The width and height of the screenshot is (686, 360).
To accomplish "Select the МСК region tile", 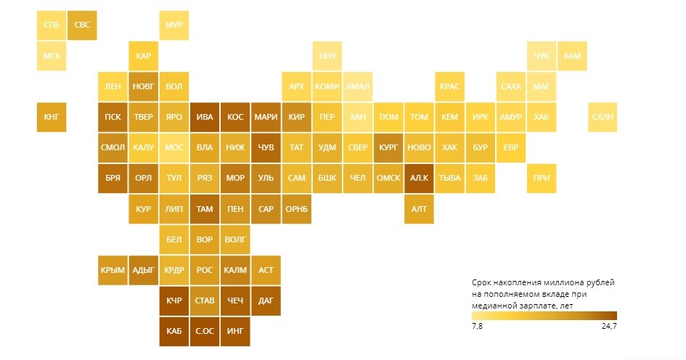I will click(52, 56).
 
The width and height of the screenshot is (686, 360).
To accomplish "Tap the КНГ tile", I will click(52, 117).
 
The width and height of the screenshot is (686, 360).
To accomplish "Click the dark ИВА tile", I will click(205, 117).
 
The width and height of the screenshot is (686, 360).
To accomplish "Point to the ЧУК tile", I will click(542, 56).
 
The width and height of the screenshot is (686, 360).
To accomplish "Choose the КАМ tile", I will click(572, 56).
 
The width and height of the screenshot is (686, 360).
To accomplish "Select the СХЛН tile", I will click(603, 117).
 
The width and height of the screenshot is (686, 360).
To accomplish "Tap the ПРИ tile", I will click(542, 178).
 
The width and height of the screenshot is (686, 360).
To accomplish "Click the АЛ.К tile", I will click(419, 178).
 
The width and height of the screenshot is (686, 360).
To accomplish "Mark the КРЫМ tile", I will click(113, 270).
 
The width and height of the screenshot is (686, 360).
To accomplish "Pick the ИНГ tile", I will click(235, 331).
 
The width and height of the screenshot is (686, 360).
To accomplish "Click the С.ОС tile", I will click(205, 331).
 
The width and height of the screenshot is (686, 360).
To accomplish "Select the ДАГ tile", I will click(266, 300).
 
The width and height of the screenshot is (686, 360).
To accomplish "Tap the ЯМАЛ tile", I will click(358, 86).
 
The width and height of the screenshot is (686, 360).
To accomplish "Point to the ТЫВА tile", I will click(449, 178).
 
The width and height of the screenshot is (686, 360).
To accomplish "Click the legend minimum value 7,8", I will click(478, 326).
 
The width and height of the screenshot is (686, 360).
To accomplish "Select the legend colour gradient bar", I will click(544, 315).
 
